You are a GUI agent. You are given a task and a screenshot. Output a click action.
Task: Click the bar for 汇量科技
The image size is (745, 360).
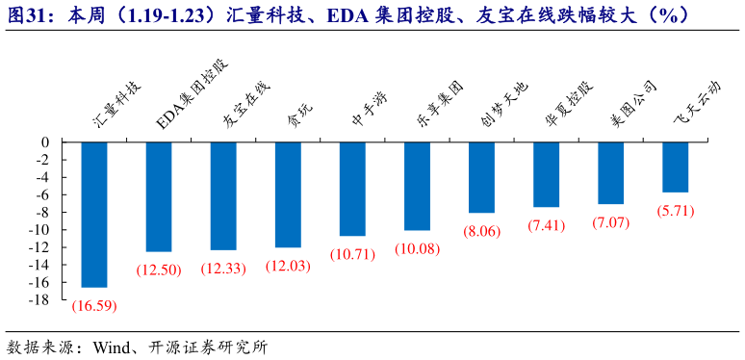(x=94, y=214)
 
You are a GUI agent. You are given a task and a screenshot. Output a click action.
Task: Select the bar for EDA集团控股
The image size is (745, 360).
(x=159, y=196)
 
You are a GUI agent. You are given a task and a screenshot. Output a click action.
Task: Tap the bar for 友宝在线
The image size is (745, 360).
(x=223, y=195)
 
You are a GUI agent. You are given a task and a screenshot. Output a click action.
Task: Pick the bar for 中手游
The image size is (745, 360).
(x=352, y=189)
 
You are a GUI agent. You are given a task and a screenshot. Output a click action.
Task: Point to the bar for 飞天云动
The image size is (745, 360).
(x=675, y=167)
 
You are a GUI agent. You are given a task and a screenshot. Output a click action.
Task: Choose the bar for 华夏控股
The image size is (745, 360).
(x=546, y=174)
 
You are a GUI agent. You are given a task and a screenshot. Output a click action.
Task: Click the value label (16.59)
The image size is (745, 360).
(x=94, y=305)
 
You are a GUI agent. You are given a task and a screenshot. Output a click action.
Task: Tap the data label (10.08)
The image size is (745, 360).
(x=417, y=248)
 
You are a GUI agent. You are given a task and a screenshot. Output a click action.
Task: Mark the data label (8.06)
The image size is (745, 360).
(x=481, y=231)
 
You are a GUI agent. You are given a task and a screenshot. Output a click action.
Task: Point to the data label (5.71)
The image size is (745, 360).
(x=675, y=210)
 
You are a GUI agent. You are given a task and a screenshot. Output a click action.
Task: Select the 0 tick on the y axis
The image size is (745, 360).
(x=45, y=142)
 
